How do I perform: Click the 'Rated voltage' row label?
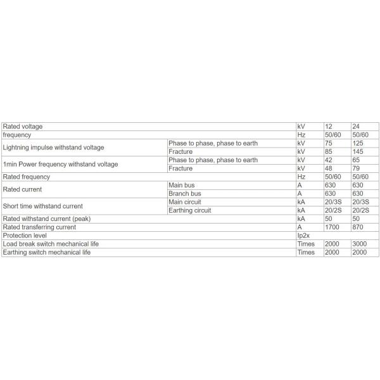tap(23, 127)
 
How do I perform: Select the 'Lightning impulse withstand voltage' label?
tap(53, 148)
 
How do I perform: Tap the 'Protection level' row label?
tap(22, 236)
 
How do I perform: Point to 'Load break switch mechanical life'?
tap(51, 244)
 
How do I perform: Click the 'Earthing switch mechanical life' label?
tap(47, 252)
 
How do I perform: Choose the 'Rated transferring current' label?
tap(41, 227)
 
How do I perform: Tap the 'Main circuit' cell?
tap(184, 202)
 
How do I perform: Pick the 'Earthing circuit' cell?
tap(189, 210)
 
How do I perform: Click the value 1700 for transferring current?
tap(332, 227)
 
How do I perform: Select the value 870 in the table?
tap(357, 227)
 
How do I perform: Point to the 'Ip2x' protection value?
tap(304, 236)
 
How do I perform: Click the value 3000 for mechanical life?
tap(359, 244)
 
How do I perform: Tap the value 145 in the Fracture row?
tap(357, 151)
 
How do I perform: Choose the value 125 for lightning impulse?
tap(357, 143)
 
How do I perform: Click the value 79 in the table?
tap(355, 168)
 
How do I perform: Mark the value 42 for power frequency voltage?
tap(329, 160)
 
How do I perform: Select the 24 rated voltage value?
tap(355, 127)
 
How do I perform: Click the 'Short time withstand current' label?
tap(43, 206)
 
